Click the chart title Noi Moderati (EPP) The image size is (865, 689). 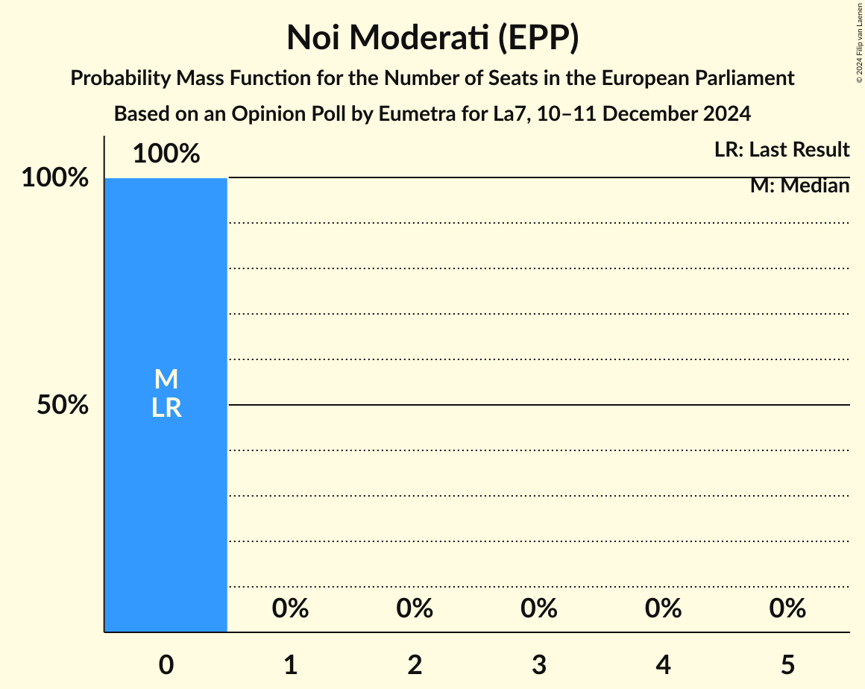pos(432,38)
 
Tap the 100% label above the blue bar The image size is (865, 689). pos(166,154)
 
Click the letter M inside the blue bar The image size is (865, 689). pos(166,380)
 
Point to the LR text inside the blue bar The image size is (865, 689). pos(166,408)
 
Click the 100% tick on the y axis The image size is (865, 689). pos(55,178)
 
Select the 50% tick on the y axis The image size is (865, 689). pos(63,405)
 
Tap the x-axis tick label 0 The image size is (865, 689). pos(166,664)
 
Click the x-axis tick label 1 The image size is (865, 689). pos(291,664)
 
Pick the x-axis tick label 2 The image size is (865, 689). pos(415,664)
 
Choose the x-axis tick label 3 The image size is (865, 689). pos(539,664)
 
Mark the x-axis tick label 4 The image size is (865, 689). pos(664,664)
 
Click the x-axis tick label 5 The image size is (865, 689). pos(787,664)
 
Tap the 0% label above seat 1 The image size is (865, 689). pos(291,608)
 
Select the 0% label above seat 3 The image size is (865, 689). pos(539,608)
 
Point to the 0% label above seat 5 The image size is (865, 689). pos(787,608)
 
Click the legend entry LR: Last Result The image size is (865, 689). pos(781,150)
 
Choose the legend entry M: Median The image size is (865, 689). pos(799,186)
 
